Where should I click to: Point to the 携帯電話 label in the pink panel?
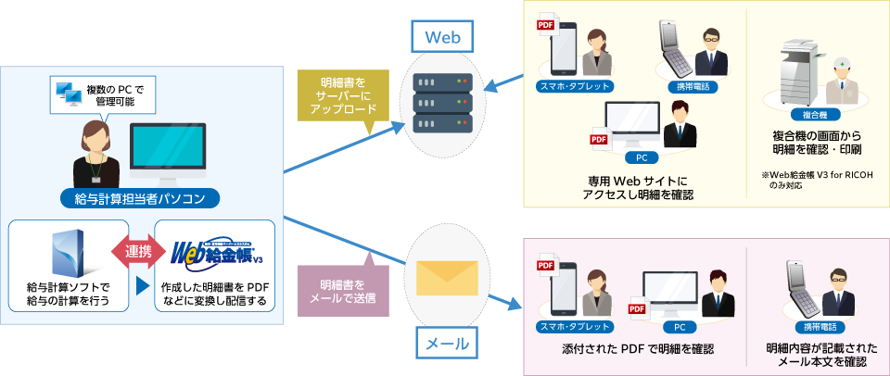pyautogui.click(x=815, y=326)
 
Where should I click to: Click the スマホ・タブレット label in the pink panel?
pyautogui.click(x=575, y=326)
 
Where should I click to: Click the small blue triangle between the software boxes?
pyautogui.click(x=143, y=286)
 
